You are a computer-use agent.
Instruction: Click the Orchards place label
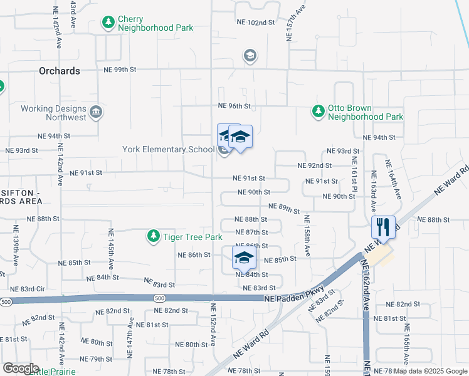tap(60, 71)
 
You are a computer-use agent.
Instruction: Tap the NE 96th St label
tap(234, 107)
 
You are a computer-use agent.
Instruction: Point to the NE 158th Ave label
tap(307, 235)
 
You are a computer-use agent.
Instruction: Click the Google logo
tap(21, 368)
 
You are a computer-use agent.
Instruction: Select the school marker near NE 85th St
tap(244, 257)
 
